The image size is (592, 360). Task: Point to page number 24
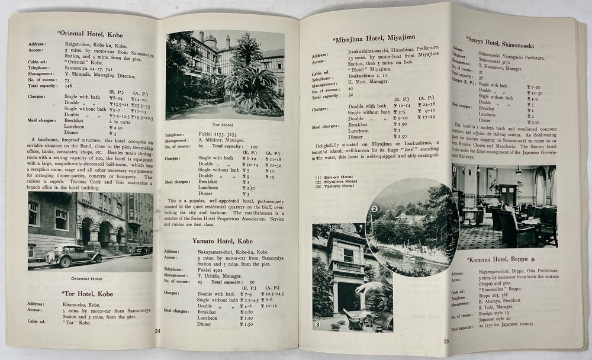(157, 331)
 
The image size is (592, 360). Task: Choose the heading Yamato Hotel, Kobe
(222, 241)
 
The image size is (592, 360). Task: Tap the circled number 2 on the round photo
(374, 208)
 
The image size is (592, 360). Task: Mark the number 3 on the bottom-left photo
(318, 324)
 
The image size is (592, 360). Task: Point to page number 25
(446, 340)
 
